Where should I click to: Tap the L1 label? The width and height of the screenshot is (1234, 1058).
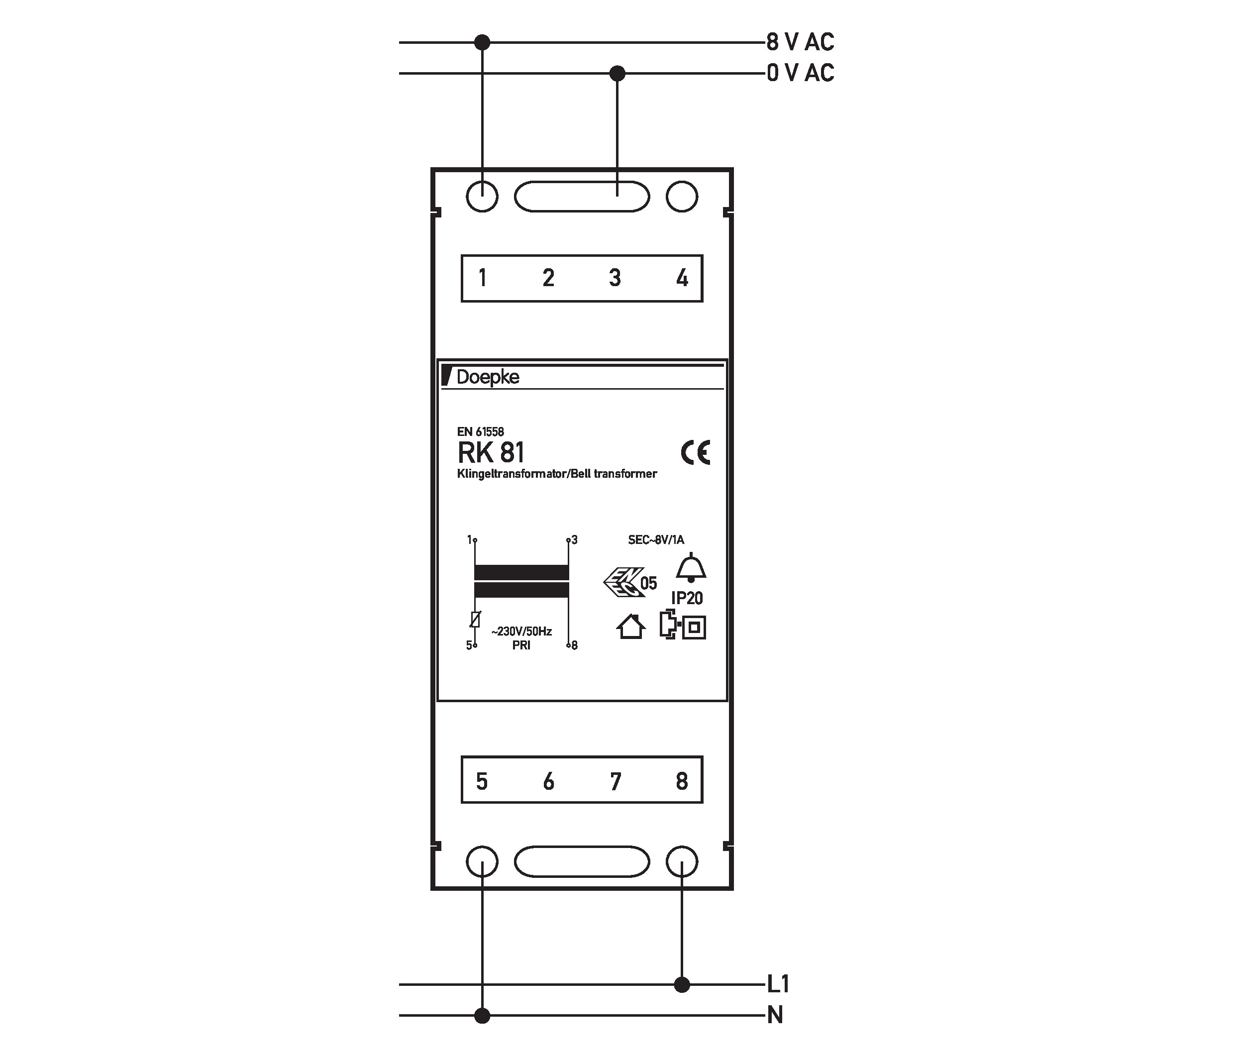click(778, 984)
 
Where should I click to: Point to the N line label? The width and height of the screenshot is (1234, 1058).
click(775, 1015)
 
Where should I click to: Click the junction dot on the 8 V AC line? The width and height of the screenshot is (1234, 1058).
click(482, 42)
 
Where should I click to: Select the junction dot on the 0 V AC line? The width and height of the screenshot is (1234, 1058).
click(617, 73)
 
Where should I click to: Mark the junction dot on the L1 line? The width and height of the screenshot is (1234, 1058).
click(682, 985)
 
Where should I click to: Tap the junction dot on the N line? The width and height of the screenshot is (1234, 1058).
click(482, 1016)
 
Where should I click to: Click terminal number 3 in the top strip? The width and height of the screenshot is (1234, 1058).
click(615, 278)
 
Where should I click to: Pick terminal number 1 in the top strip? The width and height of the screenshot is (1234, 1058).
click(482, 278)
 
